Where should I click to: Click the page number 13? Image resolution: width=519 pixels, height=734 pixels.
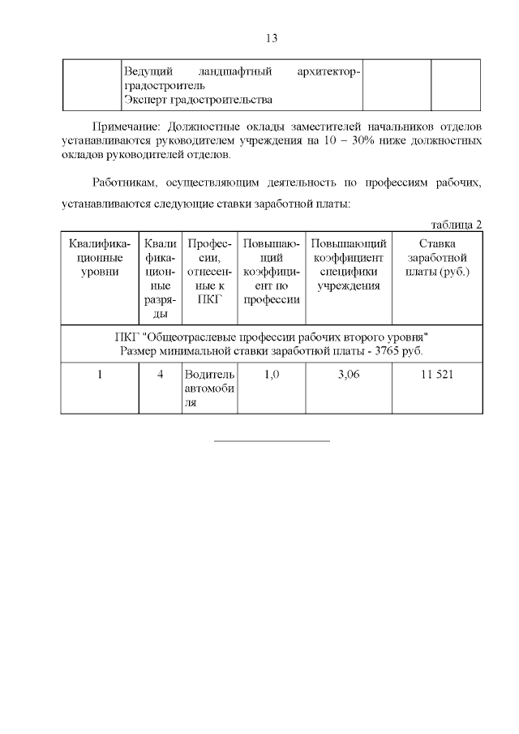[272, 38]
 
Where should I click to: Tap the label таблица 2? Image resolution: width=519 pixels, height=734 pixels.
[457, 224]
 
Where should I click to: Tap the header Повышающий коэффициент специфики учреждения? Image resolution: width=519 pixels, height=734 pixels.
[348, 264]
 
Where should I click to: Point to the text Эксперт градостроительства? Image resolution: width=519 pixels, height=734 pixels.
[197, 100]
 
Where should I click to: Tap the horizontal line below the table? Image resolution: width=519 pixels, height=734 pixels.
[272, 441]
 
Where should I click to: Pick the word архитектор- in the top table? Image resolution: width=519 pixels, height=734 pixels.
[328, 72]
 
